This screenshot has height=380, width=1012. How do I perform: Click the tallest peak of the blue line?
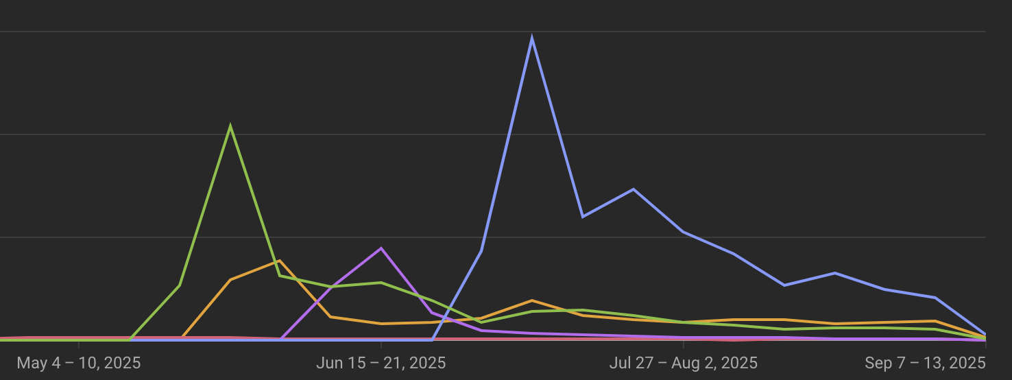click(x=532, y=38)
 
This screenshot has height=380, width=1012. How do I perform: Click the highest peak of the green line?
click(x=230, y=127)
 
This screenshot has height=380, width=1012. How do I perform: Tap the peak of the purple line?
click(x=381, y=248)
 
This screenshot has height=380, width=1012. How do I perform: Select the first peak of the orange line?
click(x=280, y=261)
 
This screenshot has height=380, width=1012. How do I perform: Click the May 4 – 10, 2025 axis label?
click(x=79, y=363)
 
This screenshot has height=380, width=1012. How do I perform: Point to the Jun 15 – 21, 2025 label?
click(x=381, y=363)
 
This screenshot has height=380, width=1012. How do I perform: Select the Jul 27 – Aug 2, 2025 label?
click(x=684, y=363)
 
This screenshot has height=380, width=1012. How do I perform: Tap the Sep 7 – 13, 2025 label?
click(x=925, y=363)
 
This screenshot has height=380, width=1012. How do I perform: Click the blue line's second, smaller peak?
click(x=633, y=189)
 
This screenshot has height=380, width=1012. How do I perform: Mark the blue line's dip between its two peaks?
click(x=583, y=217)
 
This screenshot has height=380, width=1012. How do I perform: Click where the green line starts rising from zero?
click(x=130, y=339)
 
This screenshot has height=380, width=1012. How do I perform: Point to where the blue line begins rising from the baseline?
click(x=432, y=339)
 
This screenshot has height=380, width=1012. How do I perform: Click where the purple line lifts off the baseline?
click(x=281, y=339)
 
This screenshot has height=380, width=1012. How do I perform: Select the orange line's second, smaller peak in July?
click(x=532, y=300)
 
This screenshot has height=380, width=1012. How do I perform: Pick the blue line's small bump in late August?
click(x=834, y=273)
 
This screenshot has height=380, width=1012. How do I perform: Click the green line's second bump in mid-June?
click(x=381, y=283)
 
